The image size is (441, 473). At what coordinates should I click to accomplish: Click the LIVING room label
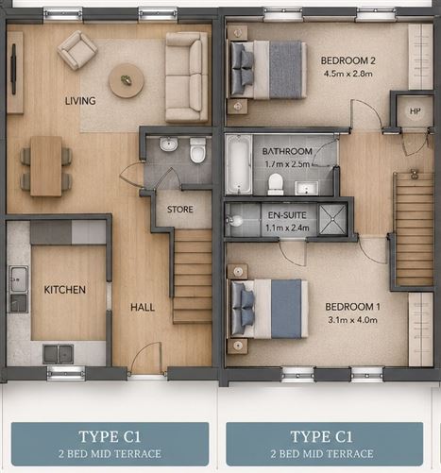[80, 101]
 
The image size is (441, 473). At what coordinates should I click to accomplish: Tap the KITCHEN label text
[65, 290]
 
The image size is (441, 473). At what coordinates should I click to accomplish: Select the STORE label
[180, 210]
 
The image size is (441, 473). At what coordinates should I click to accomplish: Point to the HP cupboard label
[416, 111]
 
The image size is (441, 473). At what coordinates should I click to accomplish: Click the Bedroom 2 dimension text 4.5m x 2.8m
[348, 74]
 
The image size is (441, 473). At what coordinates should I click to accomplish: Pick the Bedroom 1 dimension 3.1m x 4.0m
[352, 320]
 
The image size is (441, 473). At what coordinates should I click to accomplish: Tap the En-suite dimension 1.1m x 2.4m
[287, 228]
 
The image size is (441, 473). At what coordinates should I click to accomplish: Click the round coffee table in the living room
[127, 81]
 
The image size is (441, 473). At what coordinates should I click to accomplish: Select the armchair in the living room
[77, 50]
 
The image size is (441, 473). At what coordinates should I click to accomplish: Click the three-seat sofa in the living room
[187, 77]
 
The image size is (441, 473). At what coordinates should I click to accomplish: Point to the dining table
[46, 166]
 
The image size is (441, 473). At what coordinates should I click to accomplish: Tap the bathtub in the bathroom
[239, 164]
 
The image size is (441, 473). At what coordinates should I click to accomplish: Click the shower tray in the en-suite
[332, 219]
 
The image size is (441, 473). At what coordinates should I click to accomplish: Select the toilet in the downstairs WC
[197, 150]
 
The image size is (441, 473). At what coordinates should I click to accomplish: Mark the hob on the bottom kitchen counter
[59, 354]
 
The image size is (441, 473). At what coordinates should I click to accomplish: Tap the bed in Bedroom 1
[269, 309]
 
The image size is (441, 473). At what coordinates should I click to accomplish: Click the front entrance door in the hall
[147, 359]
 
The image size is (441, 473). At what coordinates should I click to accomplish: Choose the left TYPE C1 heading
[110, 437]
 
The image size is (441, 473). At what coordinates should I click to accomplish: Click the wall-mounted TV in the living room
[14, 69]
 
